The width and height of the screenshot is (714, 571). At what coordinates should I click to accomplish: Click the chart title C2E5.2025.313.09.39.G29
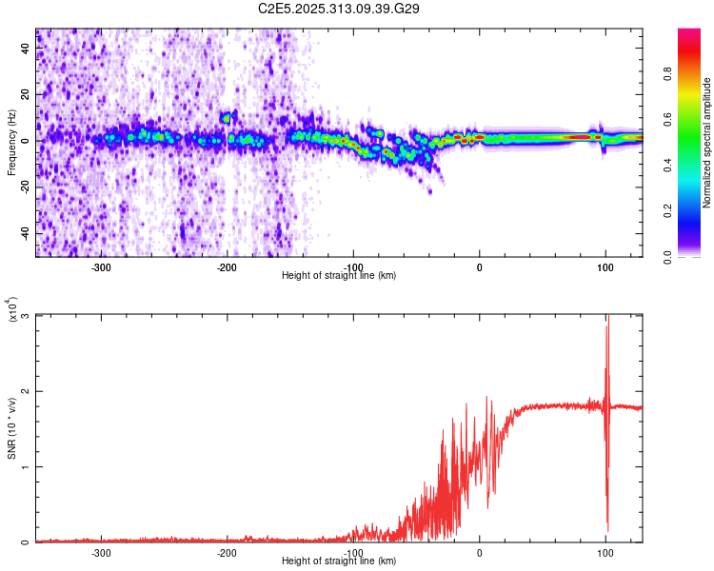click(339, 9)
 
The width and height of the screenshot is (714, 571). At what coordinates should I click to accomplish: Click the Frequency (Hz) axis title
click(11, 142)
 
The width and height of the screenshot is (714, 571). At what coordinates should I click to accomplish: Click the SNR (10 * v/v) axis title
click(11, 427)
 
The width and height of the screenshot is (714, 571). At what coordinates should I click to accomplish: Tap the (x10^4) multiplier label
click(11, 310)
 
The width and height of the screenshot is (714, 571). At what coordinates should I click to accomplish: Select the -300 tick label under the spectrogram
click(101, 266)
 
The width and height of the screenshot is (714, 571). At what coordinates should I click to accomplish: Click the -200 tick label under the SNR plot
click(227, 552)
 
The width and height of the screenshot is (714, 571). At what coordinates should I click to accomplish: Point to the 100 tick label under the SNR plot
click(605, 552)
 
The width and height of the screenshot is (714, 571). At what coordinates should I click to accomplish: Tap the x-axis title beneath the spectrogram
click(339, 275)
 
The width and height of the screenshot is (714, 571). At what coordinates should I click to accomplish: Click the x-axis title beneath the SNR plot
click(339, 561)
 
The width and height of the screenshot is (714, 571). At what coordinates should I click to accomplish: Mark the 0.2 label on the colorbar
click(696, 211)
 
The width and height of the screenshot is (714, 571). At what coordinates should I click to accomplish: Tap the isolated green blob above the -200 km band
click(227, 118)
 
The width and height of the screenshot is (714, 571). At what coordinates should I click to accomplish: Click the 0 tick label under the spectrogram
click(479, 266)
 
